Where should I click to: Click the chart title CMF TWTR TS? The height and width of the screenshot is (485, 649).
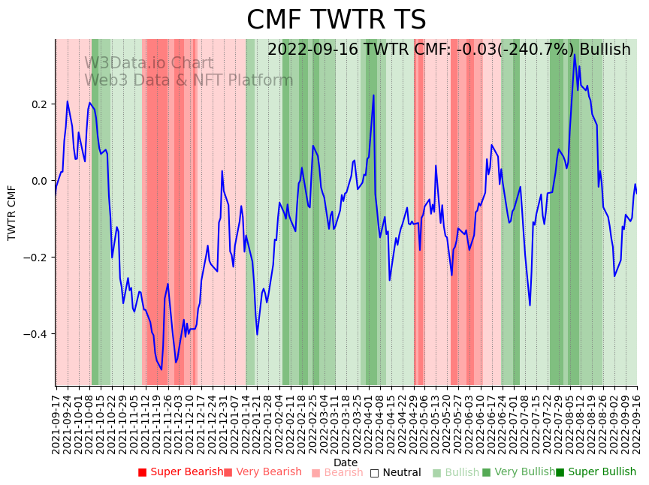[x=336, y=20]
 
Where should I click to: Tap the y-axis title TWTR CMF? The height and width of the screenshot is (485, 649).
[x=12, y=212]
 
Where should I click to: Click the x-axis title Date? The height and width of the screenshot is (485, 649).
[x=346, y=462]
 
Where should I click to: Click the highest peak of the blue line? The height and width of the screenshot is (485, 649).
[x=575, y=54]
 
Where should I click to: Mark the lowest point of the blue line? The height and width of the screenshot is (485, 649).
[x=161, y=369]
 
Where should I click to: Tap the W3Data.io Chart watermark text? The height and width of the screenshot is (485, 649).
[x=149, y=63]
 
